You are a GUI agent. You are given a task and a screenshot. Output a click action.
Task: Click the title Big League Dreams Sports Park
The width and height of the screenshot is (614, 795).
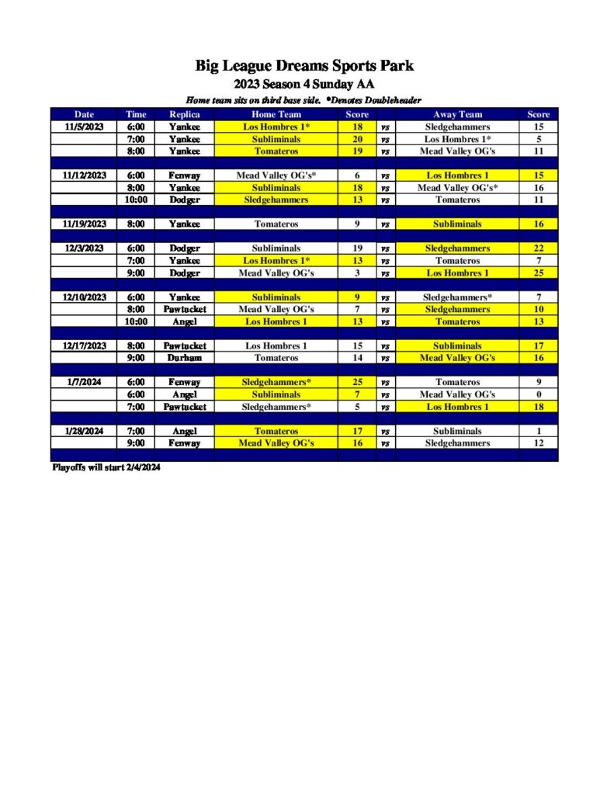(x=304, y=67)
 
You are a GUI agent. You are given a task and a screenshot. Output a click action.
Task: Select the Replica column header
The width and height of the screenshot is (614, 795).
(x=184, y=114)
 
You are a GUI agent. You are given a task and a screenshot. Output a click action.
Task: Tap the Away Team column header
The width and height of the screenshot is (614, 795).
(x=457, y=114)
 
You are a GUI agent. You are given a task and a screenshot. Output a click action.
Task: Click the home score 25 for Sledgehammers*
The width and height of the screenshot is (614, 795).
(x=357, y=382)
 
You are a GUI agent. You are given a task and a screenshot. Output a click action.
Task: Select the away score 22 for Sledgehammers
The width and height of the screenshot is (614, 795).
(x=538, y=248)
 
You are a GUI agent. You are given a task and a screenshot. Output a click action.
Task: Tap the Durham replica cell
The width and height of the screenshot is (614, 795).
(x=184, y=358)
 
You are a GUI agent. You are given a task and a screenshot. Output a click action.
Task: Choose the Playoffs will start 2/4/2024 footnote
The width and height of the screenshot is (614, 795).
(x=106, y=468)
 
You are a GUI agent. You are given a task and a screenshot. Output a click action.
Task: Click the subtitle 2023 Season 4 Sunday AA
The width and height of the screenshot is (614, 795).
(x=304, y=85)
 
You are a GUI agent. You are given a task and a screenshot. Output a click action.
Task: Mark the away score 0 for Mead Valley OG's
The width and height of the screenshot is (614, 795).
(x=538, y=394)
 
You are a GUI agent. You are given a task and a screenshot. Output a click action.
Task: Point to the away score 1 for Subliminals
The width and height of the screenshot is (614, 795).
(x=538, y=431)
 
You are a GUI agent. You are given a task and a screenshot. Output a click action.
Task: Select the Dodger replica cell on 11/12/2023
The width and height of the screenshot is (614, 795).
(x=184, y=200)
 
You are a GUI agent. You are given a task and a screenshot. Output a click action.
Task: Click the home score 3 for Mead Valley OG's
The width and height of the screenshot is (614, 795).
(x=357, y=273)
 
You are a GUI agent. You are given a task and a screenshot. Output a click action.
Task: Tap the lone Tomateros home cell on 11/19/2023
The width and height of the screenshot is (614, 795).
(x=276, y=224)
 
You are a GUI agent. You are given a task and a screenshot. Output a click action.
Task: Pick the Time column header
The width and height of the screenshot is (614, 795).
(x=137, y=114)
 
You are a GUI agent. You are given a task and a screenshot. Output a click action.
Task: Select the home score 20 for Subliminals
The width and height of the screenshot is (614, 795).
(x=357, y=139)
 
